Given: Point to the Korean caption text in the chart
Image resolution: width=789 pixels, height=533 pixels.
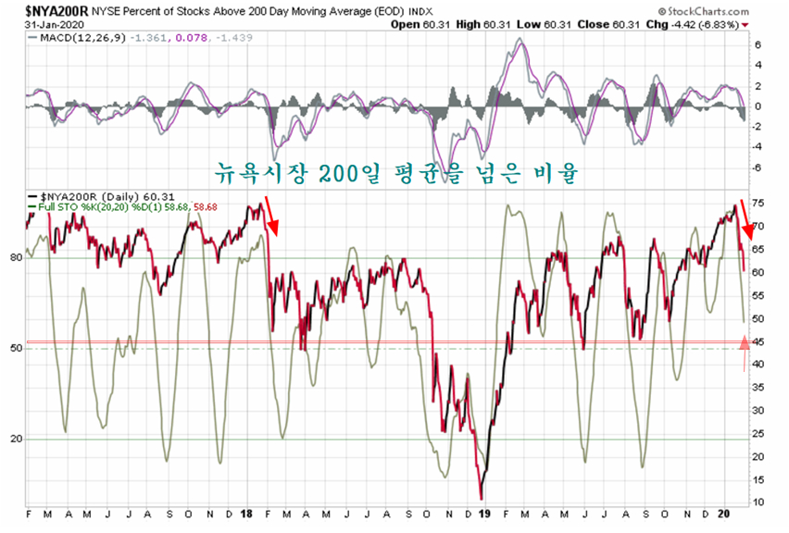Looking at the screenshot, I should click(397, 170).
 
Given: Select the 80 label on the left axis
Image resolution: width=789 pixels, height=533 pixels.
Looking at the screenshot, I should click(15, 257).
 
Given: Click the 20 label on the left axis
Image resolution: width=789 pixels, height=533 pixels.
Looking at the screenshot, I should click(15, 439).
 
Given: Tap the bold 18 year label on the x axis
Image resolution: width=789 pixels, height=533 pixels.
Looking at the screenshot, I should click(247, 514).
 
